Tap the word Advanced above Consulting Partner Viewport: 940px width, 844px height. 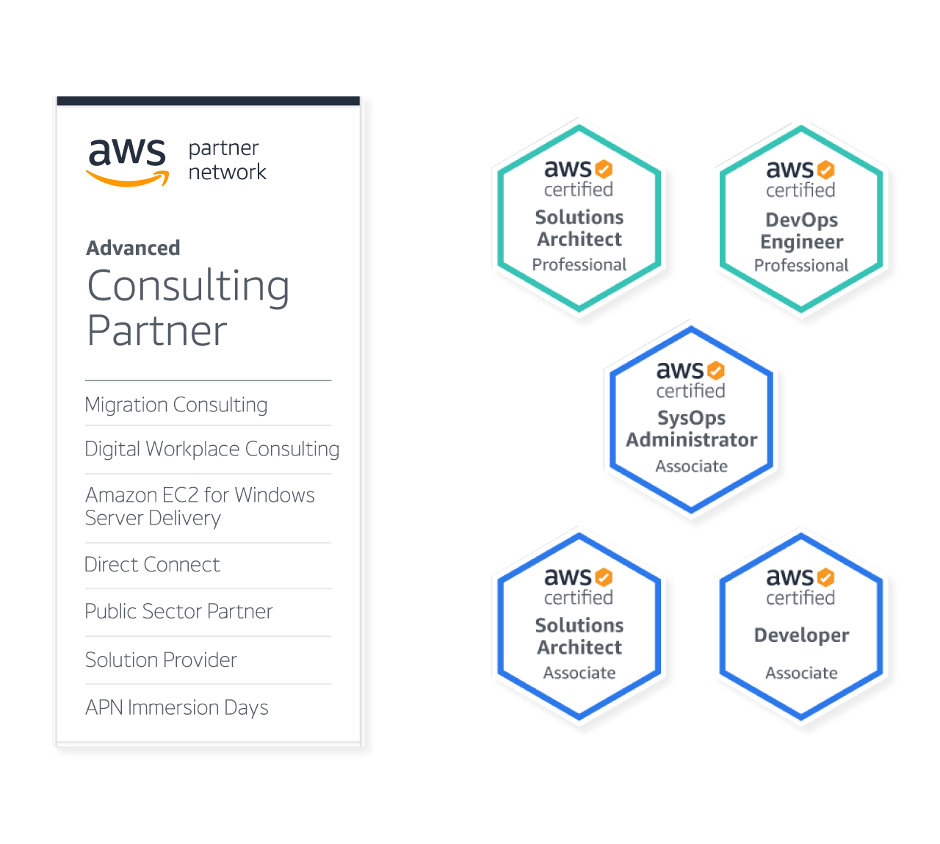133,248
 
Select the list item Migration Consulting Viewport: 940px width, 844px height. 176,405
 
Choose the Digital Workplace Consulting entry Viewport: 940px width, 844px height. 212,449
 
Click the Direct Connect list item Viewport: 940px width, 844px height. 152,565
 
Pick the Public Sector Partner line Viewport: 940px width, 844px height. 178,611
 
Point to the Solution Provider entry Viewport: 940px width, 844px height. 161,660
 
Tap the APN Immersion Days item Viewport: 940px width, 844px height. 177,707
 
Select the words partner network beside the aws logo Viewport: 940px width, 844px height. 228,160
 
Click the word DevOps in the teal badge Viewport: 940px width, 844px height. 802,220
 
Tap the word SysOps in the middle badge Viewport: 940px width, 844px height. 691,418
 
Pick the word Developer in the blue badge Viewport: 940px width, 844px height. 802,635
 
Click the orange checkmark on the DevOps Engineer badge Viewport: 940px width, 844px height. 825,170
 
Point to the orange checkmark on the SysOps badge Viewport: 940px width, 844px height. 715,370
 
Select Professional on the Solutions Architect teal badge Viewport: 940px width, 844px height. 579,264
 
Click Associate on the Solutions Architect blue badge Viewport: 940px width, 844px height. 579,673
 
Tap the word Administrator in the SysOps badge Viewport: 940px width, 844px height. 691,440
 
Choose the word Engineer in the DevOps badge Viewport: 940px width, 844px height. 802,242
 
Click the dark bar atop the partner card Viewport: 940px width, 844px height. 209,101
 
